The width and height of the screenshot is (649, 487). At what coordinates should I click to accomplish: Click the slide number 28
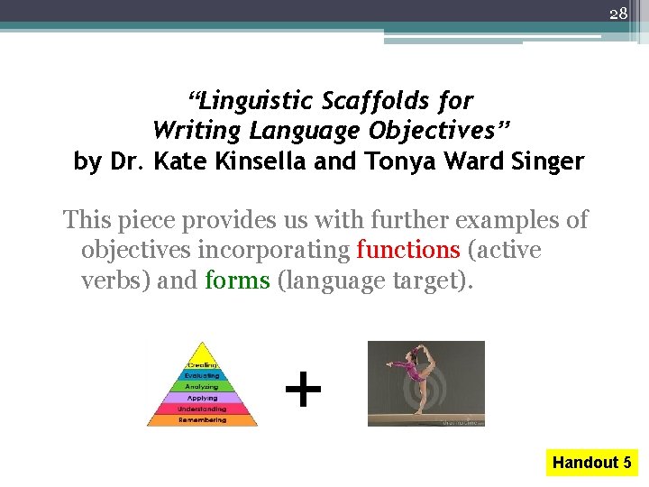point(617,14)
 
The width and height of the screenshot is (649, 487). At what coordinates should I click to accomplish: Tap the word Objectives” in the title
point(435,132)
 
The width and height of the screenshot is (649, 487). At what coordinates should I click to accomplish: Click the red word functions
point(408,250)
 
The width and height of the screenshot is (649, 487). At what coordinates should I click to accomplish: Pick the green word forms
point(237,280)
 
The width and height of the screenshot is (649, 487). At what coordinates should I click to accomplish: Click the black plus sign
point(303,391)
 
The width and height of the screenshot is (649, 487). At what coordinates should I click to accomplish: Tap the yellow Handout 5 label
point(591,463)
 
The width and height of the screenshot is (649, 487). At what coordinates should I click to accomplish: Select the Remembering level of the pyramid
point(202,419)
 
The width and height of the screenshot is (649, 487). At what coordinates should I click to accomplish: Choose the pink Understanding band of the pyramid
point(202,409)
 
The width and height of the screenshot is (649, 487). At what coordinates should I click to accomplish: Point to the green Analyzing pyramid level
point(202,387)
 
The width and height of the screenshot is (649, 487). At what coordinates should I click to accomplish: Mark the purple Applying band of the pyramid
point(202,398)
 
